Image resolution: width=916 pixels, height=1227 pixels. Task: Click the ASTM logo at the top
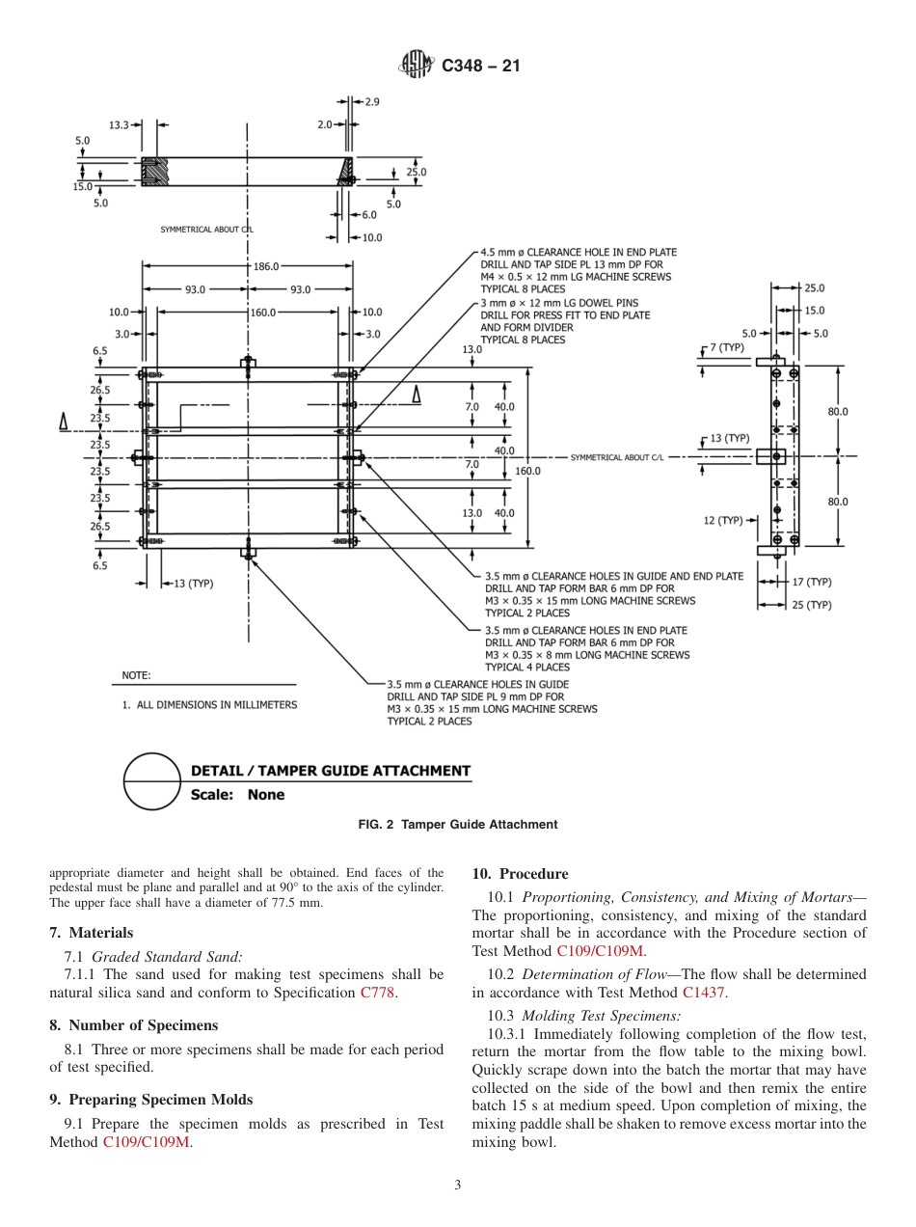(x=417, y=66)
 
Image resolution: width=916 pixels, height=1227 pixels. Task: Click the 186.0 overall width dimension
(x=266, y=266)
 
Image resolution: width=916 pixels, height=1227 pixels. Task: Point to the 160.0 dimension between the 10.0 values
(x=262, y=313)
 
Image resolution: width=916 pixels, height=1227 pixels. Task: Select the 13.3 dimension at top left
(x=119, y=125)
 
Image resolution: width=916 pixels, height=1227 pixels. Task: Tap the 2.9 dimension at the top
(x=372, y=101)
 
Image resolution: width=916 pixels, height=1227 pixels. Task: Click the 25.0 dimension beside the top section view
(x=416, y=173)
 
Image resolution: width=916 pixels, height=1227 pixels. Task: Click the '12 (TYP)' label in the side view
(x=723, y=521)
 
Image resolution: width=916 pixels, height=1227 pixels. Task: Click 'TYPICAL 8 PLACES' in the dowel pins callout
(x=523, y=340)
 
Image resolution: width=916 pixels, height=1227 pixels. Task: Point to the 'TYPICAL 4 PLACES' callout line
(x=526, y=667)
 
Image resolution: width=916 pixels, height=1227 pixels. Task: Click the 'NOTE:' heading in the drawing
(x=136, y=675)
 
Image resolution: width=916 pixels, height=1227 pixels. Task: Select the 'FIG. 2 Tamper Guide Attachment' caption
(x=457, y=825)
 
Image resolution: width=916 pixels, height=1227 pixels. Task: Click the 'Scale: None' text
(x=238, y=795)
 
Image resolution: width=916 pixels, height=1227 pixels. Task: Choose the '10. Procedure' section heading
(x=520, y=874)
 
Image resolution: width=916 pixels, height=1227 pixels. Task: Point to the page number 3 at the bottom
(x=457, y=1186)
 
